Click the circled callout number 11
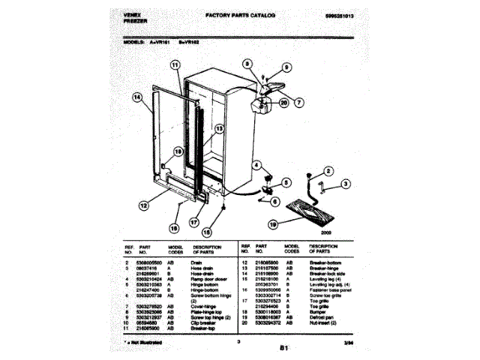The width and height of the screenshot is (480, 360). point(175,66)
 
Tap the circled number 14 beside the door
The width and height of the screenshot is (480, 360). point(137,97)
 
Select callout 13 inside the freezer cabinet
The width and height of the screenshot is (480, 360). point(219,129)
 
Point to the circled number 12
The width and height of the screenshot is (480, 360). point(143,205)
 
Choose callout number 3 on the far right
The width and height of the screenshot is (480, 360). point(346,184)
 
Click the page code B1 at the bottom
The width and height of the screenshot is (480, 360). point(283,346)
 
